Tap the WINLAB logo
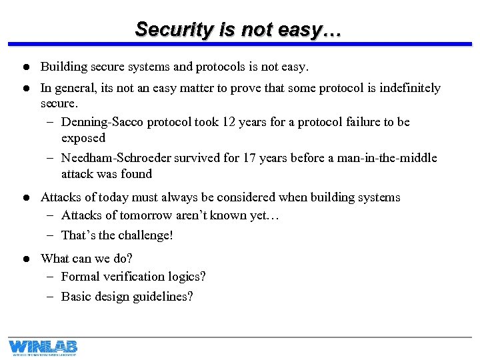pos(43,347)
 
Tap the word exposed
pos(83,138)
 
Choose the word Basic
pos(76,296)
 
